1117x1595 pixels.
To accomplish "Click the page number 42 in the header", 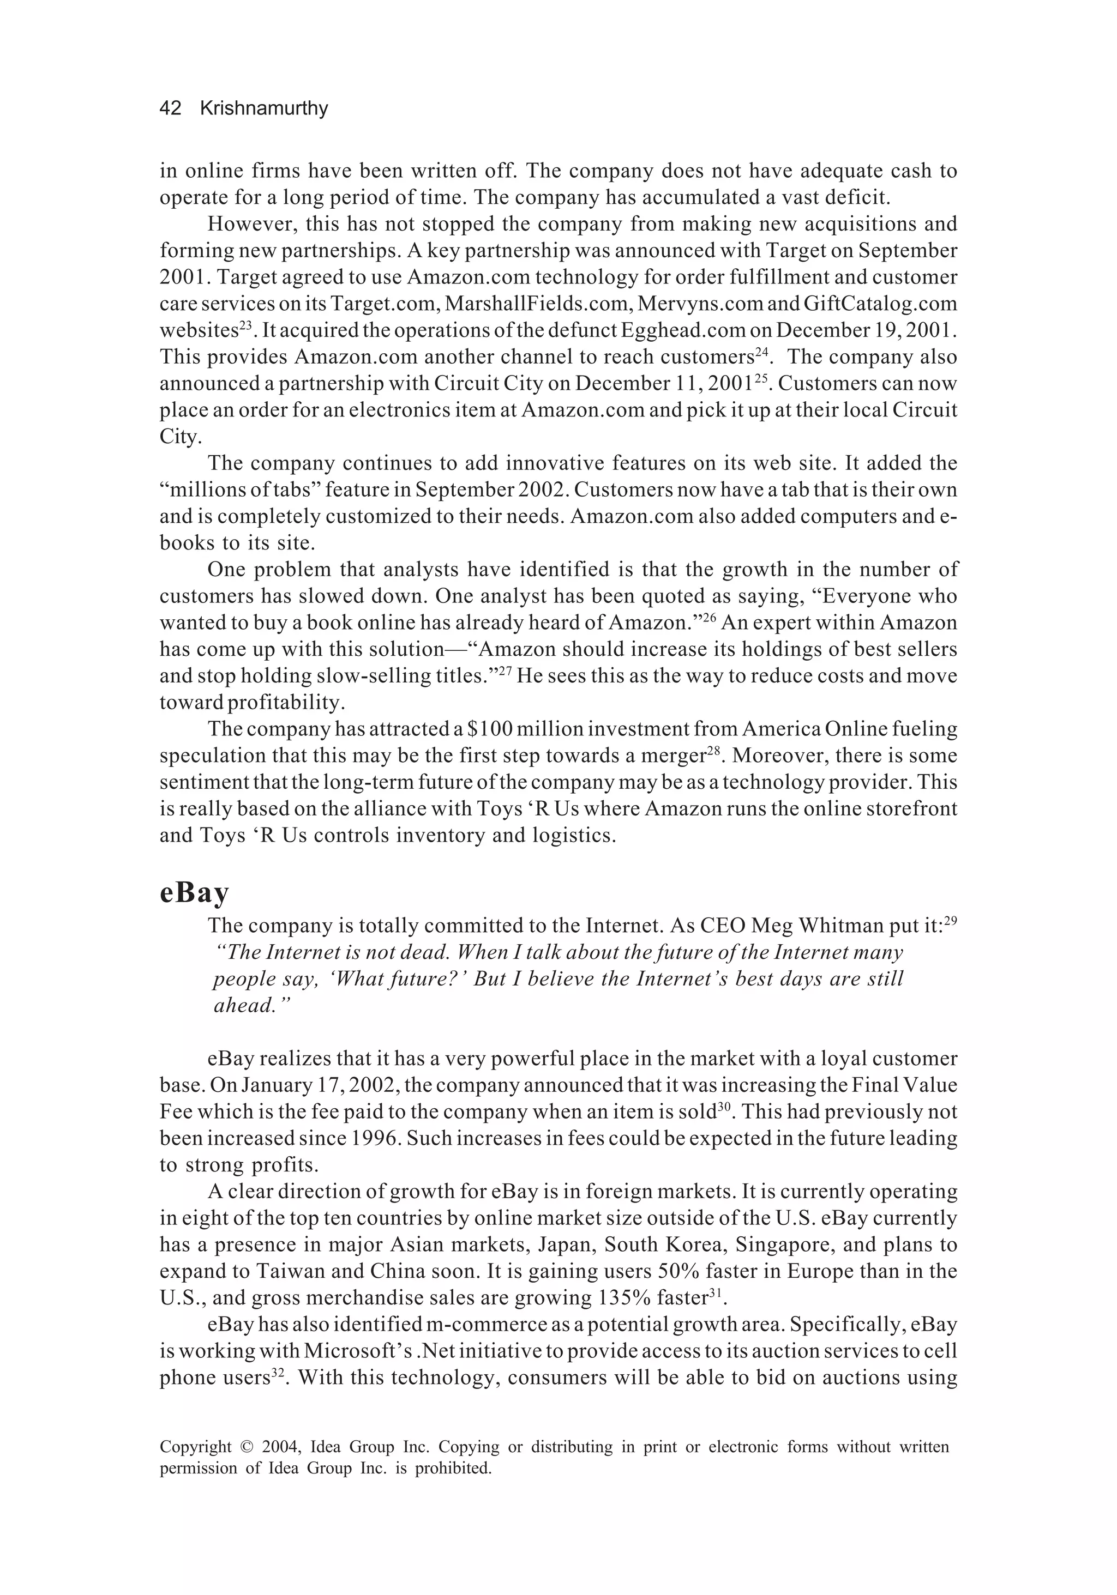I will (x=170, y=108).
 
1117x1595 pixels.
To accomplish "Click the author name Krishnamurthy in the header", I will (x=263, y=108).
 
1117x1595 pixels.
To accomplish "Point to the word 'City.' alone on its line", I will (x=179, y=437).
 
